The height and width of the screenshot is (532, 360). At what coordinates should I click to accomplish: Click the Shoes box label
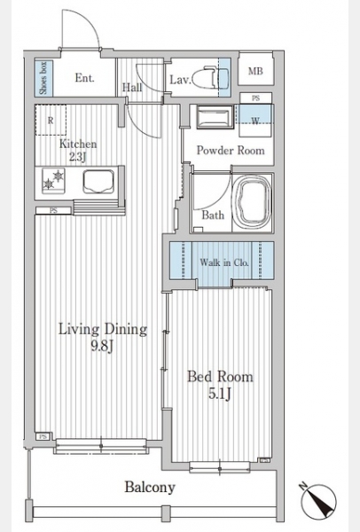(43, 78)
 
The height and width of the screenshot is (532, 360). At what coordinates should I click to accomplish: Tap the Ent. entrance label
(84, 78)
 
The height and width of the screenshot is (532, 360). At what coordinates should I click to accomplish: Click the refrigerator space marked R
(51, 120)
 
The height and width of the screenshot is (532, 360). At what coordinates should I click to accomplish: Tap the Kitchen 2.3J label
(78, 150)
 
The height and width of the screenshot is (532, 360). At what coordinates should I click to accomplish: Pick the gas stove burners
(53, 180)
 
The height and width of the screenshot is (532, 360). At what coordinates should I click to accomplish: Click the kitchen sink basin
(98, 182)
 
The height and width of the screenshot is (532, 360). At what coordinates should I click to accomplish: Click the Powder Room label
(231, 151)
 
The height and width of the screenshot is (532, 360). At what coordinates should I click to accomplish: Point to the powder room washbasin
(215, 117)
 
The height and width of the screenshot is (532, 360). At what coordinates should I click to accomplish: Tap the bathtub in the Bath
(253, 203)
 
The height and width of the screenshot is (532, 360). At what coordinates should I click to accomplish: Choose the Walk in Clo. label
(224, 262)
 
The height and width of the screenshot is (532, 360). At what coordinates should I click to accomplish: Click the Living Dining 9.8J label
(103, 337)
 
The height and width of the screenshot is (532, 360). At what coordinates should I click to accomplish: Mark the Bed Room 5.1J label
(220, 385)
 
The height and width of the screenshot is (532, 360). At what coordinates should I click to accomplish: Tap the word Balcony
(150, 487)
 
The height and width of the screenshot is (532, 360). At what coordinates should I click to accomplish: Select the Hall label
(132, 88)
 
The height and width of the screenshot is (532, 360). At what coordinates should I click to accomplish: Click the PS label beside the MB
(256, 98)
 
